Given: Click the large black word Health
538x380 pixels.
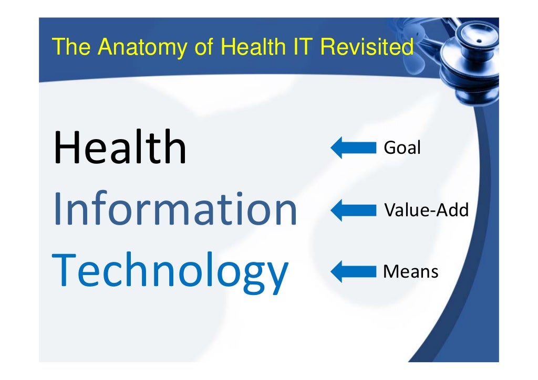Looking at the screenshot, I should pyautogui.click(x=120, y=148).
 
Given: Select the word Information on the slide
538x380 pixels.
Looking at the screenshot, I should pyautogui.click(x=174, y=210).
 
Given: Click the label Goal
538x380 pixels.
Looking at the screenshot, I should pyautogui.click(x=402, y=148).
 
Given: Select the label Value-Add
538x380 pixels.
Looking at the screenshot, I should pyautogui.click(x=426, y=210).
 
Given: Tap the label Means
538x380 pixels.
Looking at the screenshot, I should pyautogui.click(x=411, y=272).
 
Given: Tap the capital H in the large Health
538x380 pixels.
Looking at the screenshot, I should pyautogui.click(x=65, y=148).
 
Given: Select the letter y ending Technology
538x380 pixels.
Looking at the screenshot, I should pyautogui.click(x=275, y=277).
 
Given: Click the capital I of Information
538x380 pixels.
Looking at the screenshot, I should pyautogui.click(x=56, y=210).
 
